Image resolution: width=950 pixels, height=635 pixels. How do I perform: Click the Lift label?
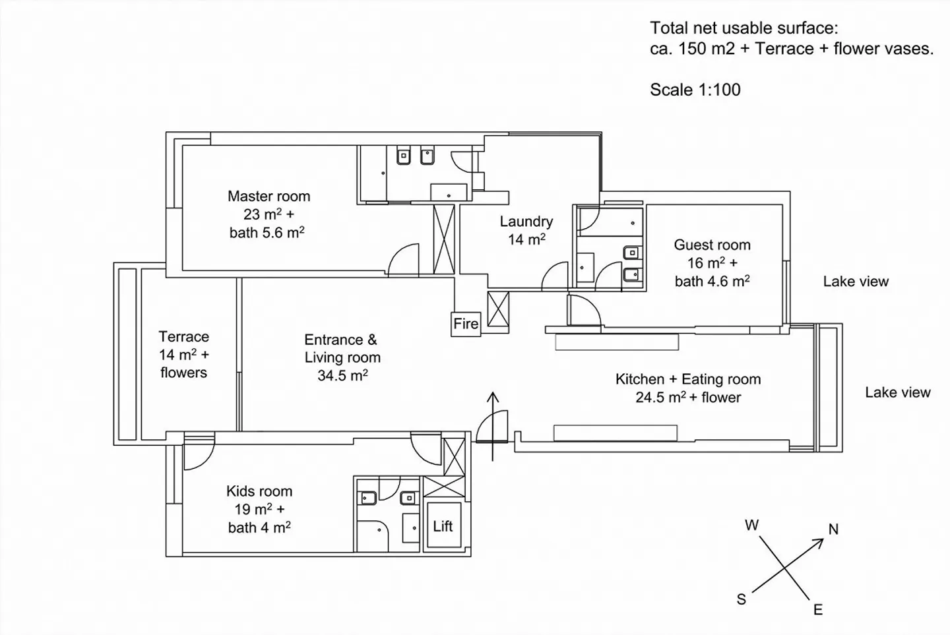click(x=443, y=526)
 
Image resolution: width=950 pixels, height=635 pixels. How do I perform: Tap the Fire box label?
click(x=466, y=324)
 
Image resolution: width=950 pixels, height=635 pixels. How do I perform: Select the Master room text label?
click(x=269, y=197)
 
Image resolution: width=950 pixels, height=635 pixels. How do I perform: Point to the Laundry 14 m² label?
click(x=526, y=231)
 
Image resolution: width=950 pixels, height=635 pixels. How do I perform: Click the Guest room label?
click(x=712, y=245)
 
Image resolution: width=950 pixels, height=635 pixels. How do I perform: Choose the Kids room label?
click(x=259, y=491)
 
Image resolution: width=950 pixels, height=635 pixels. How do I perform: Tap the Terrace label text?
click(x=183, y=337)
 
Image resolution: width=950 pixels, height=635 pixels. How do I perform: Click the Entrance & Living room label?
click(x=342, y=349)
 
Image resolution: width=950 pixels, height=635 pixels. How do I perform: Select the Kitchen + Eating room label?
click(x=688, y=380)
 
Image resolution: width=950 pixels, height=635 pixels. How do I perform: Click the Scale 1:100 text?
click(x=695, y=90)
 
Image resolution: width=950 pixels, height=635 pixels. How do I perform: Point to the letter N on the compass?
click(x=833, y=529)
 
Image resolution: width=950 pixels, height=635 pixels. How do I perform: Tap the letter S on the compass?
click(x=742, y=599)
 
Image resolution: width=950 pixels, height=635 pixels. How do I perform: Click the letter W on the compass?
click(x=751, y=526)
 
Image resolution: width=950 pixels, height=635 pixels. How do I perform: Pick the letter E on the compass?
click(x=818, y=610)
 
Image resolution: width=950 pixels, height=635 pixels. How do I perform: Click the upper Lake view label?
click(x=856, y=282)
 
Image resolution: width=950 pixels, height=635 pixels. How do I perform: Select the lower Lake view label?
click(x=897, y=392)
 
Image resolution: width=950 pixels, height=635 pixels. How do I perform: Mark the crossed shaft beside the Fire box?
click(x=498, y=309)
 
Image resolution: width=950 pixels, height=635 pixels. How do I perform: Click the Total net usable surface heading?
click(x=744, y=28)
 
